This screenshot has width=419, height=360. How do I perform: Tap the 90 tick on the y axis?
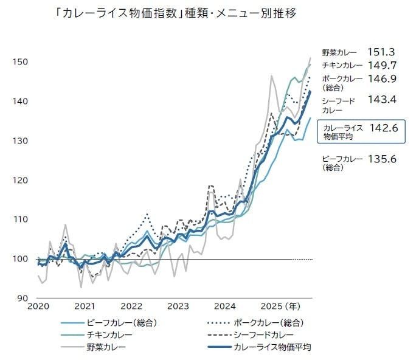(21, 298)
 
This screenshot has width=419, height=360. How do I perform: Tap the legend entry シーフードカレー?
(263, 335)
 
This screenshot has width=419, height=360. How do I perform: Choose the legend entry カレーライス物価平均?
(272, 347)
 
